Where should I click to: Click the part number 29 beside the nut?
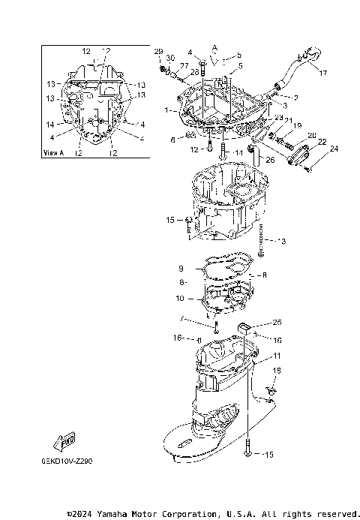click(158, 51)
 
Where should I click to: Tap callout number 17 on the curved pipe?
click(322, 73)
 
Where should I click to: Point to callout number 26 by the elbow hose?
click(270, 159)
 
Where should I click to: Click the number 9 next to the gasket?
click(181, 269)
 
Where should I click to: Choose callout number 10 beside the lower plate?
click(180, 299)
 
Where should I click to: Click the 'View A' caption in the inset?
click(55, 152)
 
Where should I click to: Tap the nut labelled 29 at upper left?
click(163, 69)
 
